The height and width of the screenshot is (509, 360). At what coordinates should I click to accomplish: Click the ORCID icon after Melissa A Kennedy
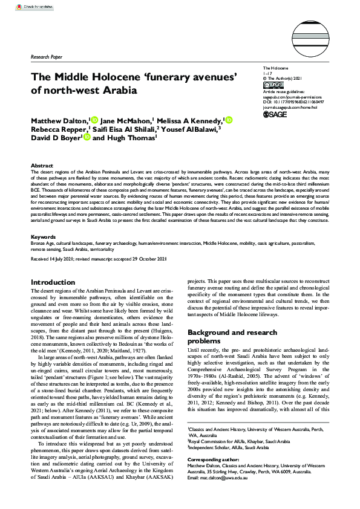click(228, 120)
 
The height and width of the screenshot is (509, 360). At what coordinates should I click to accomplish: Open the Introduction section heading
click(53, 282)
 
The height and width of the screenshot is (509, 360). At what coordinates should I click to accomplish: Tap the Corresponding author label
click(212, 476)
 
